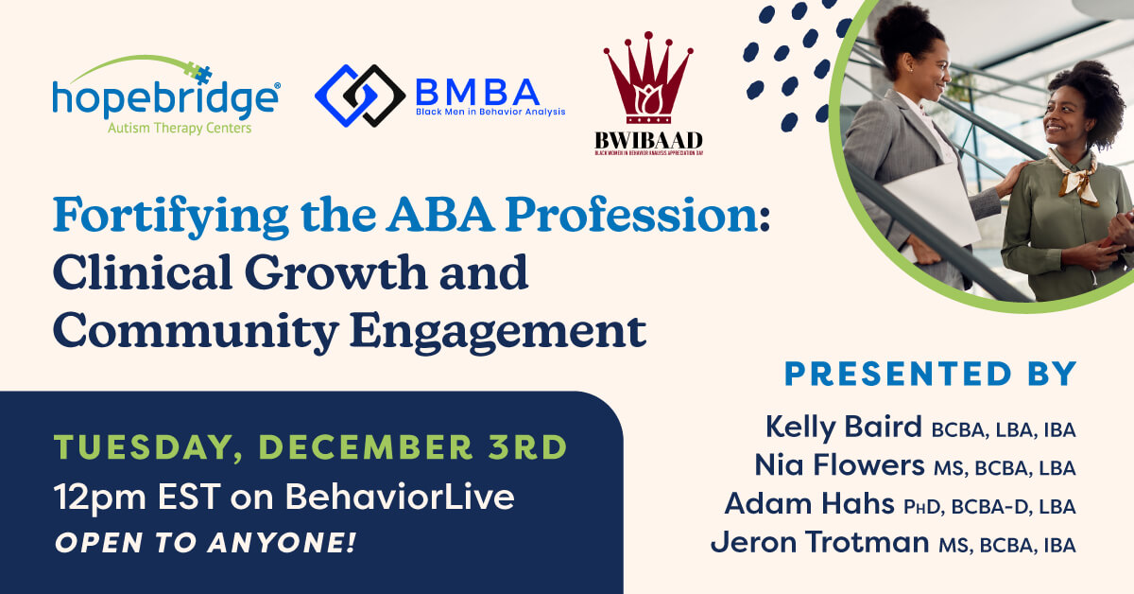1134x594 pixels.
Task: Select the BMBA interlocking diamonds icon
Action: point(360,96)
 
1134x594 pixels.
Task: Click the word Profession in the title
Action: point(638,215)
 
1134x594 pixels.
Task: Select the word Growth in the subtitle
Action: point(336,273)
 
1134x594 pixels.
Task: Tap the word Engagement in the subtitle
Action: point(498,333)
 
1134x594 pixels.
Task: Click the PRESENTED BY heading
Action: point(931,374)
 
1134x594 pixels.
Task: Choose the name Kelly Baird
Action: point(843,427)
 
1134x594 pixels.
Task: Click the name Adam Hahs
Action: point(810,504)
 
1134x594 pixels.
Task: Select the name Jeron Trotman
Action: point(819,542)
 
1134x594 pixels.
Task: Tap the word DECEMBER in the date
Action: point(366,447)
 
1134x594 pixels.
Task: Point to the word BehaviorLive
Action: point(400,497)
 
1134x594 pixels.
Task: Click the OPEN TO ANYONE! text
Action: point(206,543)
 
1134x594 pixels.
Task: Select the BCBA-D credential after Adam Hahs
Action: point(991,507)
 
